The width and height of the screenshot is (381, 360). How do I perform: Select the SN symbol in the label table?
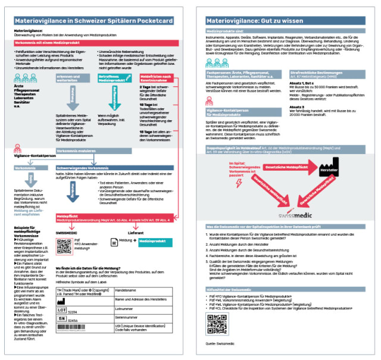tap(63, 320)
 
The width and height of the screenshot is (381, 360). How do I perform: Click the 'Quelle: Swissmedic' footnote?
tap(221, 344)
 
